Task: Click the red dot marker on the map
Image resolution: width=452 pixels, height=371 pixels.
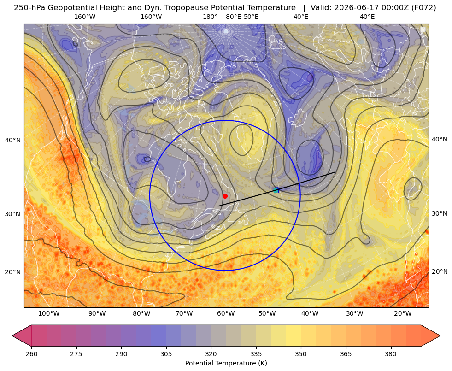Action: pyautogui.click(x=225, y=196)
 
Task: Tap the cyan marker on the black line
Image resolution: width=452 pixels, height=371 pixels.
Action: pyautogui.click(x=276, y=190)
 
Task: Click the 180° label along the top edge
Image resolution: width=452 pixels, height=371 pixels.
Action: pyautogui.click(x=210, y=17)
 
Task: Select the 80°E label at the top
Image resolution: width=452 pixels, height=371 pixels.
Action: pyautogui.click(x=233, y=17)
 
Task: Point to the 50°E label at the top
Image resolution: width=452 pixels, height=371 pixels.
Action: pyautogui.click(x=251, y=17)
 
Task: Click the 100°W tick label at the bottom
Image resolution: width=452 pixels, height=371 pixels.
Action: pyautogui.click(x=49, y=314)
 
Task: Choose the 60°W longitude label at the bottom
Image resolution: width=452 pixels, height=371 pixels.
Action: pyautogui.click(x=225, y=314)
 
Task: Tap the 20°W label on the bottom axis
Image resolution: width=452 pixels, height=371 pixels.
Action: pyautogui.click(x=402, y=314)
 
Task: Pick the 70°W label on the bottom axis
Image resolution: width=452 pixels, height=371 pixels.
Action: pyautogui.click(x=184, y=314)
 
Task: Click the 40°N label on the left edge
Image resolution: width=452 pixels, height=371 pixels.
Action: pyautogui.click(x=13, y=141)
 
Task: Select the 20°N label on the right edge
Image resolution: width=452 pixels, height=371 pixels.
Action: pyautogui.click(x=440, y=271)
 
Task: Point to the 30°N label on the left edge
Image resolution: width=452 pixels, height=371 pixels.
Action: pyautogui.click(x=13, y=214)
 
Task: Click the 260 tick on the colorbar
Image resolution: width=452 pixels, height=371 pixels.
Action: pyautogui.click(x=31, y=354)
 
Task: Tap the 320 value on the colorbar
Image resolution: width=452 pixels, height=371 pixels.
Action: pyautogui.click(x=211, y=354)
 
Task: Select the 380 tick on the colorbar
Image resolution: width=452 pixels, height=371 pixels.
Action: pyautogui.click(x=391, y=354)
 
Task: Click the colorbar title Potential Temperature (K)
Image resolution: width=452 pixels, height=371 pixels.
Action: pyautogui.click(x=226, y=363)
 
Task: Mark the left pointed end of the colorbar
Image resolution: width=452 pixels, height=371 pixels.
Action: pyautogui.click(x=12, y=336)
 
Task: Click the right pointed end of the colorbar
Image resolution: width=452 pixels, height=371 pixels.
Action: pyautogui.click(x=440, y=336)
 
